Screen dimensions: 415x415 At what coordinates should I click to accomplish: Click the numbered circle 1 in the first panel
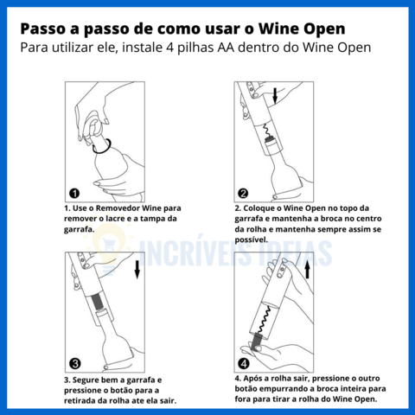(74, 193)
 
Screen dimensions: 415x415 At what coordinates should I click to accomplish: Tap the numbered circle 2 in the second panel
(243, 193)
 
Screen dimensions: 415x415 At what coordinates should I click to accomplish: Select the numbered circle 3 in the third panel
(75, 363)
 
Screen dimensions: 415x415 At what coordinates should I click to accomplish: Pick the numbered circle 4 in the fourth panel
(244, 363)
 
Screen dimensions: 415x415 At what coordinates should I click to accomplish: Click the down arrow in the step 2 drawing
(275, 96)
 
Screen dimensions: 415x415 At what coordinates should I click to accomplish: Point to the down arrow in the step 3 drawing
(137, 270)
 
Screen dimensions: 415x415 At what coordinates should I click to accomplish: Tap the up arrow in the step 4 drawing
(307, 270)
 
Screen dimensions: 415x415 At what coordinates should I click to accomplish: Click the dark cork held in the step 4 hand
(256, 342)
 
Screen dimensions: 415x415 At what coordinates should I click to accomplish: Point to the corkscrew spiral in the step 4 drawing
(265, 319)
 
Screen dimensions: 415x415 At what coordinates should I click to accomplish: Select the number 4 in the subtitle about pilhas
(169, 48)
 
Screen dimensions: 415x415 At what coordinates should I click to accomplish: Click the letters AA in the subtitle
(226, 48)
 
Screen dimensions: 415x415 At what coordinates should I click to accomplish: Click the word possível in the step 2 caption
(251, 239)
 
